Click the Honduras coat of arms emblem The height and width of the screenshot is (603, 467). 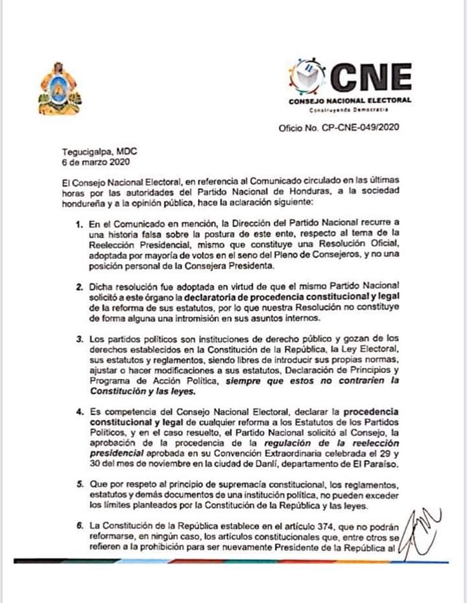click(60, 87)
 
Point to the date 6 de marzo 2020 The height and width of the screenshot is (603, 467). click(86, 162)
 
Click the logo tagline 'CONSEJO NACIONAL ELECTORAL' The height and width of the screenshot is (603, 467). click(350, 100)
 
